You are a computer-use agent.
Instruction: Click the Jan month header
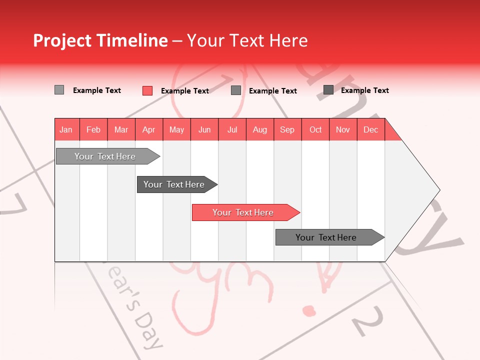[x=66, y=129]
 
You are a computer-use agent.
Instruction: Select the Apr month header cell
[x=149, y=129]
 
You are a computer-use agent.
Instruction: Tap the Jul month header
[x=232, y=129]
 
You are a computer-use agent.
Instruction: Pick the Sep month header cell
[x=287, y=129]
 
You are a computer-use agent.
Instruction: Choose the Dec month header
[x=370, y=129]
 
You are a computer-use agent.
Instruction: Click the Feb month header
[x=93, y=129]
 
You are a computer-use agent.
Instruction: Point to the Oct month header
[x=315, y=129]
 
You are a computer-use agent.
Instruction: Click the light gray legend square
[x=59, y=90]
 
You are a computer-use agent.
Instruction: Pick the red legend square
[x=147, y=90]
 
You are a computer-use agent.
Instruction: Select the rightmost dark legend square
[x=328, y=90]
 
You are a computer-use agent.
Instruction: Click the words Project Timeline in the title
[x=100, y=40]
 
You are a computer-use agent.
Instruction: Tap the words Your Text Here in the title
[x=247, y=40]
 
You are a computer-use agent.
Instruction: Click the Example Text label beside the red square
[x=184, y=91]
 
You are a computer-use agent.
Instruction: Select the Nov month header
[x=343, y=129]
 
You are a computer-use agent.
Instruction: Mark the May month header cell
[x=176, y=129]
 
